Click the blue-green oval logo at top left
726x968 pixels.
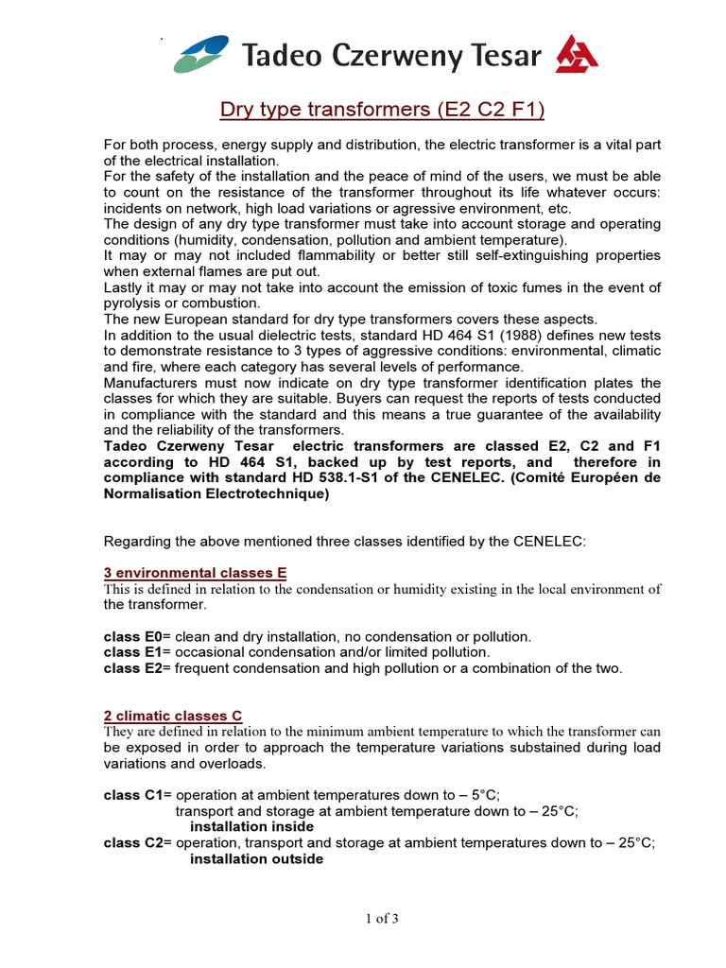pyautogui.click(x=201, y=54)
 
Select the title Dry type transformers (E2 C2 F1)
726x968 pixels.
pyautogui.click(x=382, y=111)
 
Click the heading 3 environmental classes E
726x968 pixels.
pyautogui.click(x=195, y=574)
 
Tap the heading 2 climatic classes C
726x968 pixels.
pyautogui.click(x=173, y=717)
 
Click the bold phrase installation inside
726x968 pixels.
pyautogui.click(x=252, y=827)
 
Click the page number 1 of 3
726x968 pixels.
pyautogui.click(x=382, y=918)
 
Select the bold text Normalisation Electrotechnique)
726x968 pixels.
pyautogui.click(x=216, y=494)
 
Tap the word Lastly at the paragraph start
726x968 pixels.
pyautogui.click(x=124, y=287)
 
